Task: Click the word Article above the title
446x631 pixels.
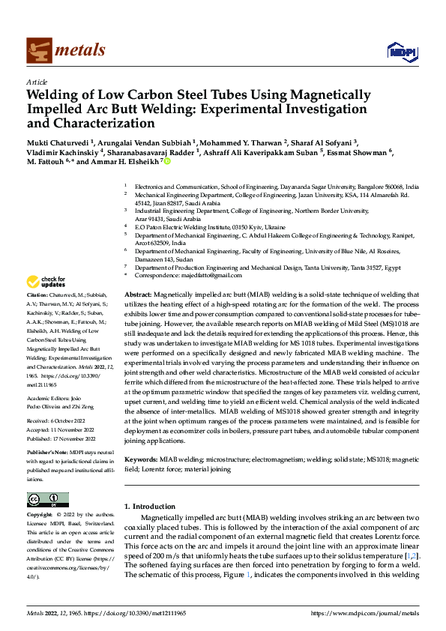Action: point(37,82)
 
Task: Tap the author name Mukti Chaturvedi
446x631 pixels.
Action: point(57,142)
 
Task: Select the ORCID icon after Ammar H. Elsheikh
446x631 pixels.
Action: point(168,161)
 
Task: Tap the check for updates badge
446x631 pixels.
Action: point(46,283)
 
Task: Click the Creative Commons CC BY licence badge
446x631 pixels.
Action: point(47,500)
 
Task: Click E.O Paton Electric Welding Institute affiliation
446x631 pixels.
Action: point(210,226)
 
